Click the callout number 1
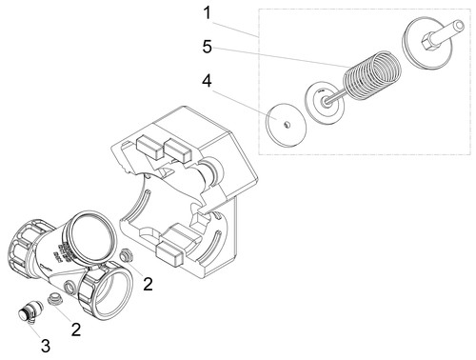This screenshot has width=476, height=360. (x=207, y=13)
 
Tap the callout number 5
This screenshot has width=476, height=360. (x=208, y=47)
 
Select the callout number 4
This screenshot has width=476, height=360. (x=207, y=81)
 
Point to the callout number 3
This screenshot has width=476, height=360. (x=46, y=346)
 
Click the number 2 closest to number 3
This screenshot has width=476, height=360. (x=76, y=330)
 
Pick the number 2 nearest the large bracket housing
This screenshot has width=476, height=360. (x=148, y=284)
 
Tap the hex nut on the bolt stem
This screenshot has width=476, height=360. (x=429, y=42)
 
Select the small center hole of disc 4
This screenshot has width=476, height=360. (x=287, y=125)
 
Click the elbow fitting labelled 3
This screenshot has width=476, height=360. (x=30, y=311)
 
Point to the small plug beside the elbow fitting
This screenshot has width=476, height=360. (x=54, y=299)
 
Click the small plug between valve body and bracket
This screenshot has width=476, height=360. (x=126, y=255)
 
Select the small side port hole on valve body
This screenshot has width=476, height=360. (x=69, y=287)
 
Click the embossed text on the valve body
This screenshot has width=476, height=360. (x=64, y=250)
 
